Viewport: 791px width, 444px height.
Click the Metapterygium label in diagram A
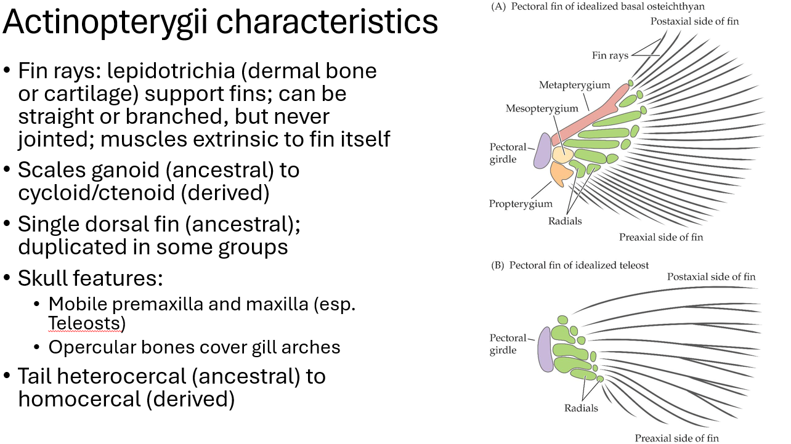pos(565,85)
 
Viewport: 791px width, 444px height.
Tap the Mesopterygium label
pos(542,108)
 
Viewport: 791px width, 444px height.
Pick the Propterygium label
pos(521,204)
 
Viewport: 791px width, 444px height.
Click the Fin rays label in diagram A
pos(610,55)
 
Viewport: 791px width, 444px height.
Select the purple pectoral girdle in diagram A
pos(542,151)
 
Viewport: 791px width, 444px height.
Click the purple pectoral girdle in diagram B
pos(545,349)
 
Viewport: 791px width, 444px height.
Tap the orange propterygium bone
pos(561,174)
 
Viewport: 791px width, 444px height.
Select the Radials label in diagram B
pos(581,408)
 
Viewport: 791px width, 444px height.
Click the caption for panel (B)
pos(570,265)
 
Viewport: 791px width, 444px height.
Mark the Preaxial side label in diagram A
pos(660,237)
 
